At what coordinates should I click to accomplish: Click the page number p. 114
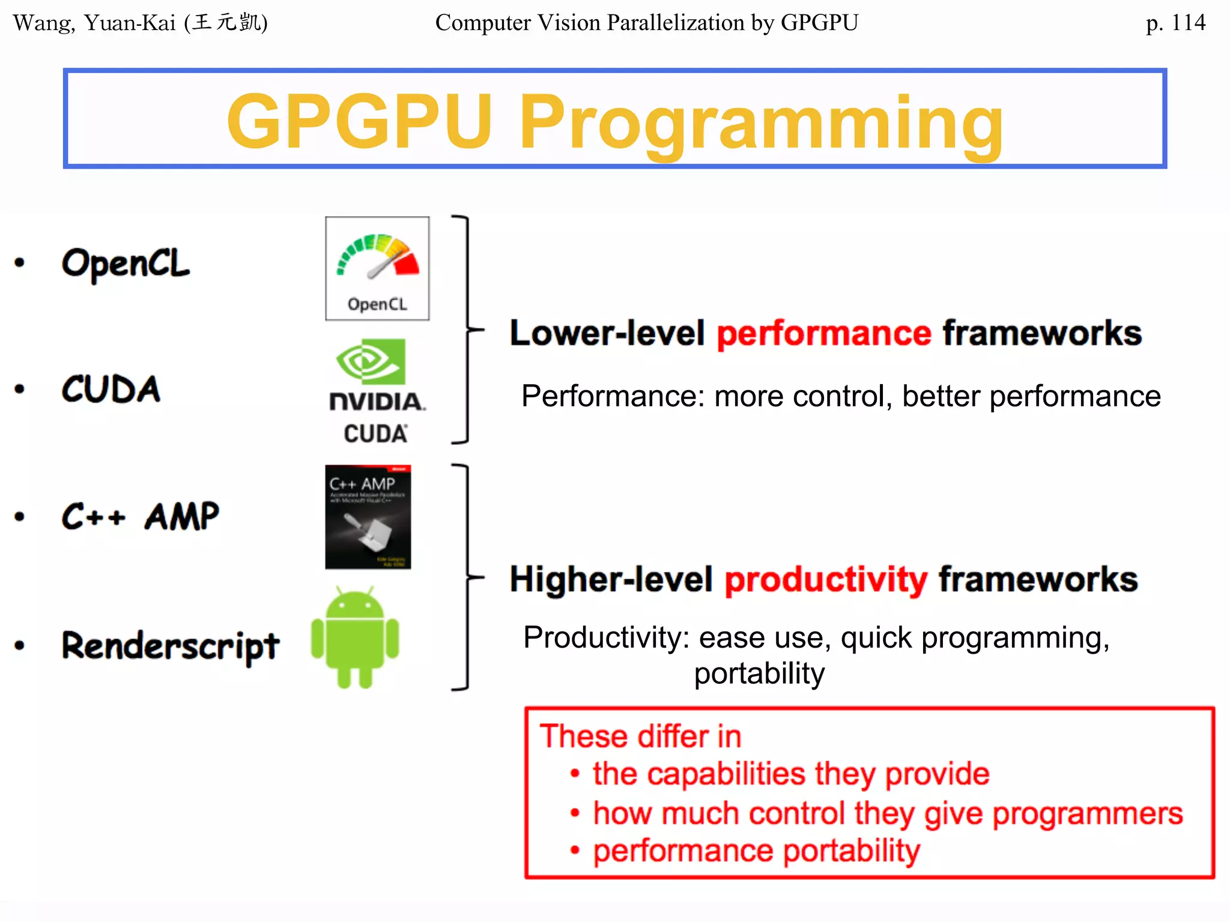[x=1175, y=23]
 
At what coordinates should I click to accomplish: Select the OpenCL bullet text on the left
[x=126, y=264]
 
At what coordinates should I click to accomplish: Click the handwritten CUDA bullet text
[x=111, y=389]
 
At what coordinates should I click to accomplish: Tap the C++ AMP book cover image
[x=368, y=517]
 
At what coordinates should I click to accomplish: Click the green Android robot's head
[x=354, y=604]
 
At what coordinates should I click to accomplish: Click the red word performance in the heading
[x=823, y=333]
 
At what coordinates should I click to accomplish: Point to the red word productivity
[x=826, y=580]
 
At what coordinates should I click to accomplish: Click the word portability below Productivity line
[x=759, y=673]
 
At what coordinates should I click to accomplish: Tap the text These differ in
[x=640, y=737]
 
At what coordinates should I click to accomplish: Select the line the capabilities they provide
[x=790, y=774]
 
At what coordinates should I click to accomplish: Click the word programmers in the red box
[x=1087, y=813]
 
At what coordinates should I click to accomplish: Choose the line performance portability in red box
[x=756, y=851]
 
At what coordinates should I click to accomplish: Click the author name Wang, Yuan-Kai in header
[x=94, y=23]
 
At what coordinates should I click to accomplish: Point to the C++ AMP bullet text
[x=141, y=517]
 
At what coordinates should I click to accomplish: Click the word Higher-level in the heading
[x=611, y=580]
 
